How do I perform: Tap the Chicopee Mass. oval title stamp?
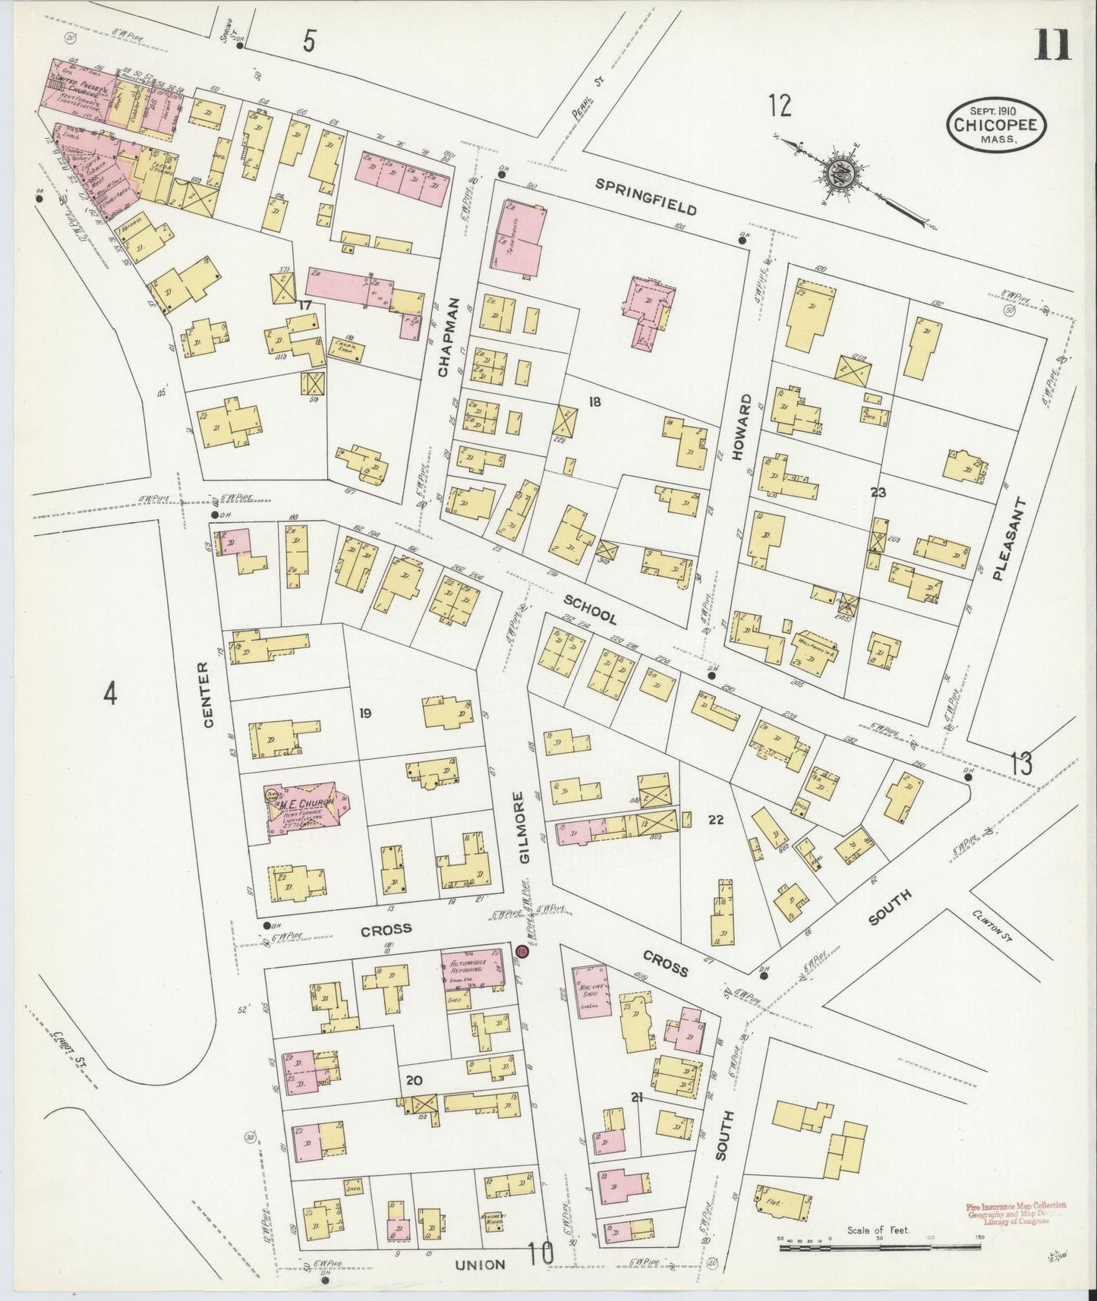[x=995, y=125]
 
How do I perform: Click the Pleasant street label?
[x=1018, y=540]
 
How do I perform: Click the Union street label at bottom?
[x=480, y=1265]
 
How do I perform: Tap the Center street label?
[x=208, y=694]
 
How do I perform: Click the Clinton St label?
[x=995, y=925]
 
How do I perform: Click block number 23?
[x=878, y=493]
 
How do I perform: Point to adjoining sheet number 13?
[x=1021, y=763]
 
